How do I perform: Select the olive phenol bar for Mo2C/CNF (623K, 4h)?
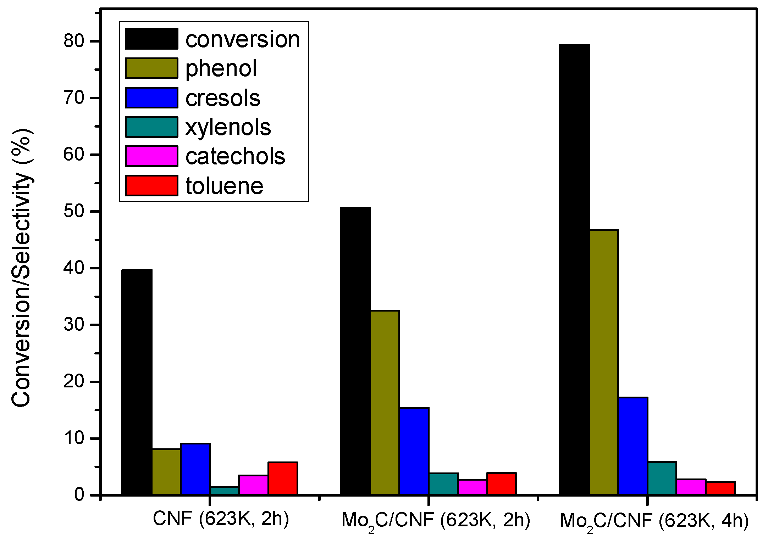[x=604, y=362]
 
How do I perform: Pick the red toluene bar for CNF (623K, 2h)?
[x=283, y=478]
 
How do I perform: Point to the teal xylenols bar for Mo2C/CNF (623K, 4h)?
[x=662, y=478]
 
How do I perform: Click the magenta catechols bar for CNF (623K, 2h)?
[x=253, y=485]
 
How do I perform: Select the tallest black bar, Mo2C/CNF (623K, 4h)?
[x=574, y=269]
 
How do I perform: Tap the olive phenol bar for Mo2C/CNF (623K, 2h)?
[x=385, y=402]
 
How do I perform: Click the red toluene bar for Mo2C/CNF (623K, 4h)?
[x=720, y=488]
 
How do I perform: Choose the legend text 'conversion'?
[x=243, y=39]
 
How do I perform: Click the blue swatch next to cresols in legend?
[x=151, y=97]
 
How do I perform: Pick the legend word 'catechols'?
[x=235, y=156]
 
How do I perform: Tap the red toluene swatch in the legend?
[x=151, y=185]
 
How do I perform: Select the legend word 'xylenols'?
[x=228, y=127]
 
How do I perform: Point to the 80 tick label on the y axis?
[x=74, y=41]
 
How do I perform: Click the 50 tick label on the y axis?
[x=74, y=211]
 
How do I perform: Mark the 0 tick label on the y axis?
[x=79, y=495]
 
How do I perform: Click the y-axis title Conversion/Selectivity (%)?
[x=22, y=268]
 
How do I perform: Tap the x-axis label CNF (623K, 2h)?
[x=221, y=519]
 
